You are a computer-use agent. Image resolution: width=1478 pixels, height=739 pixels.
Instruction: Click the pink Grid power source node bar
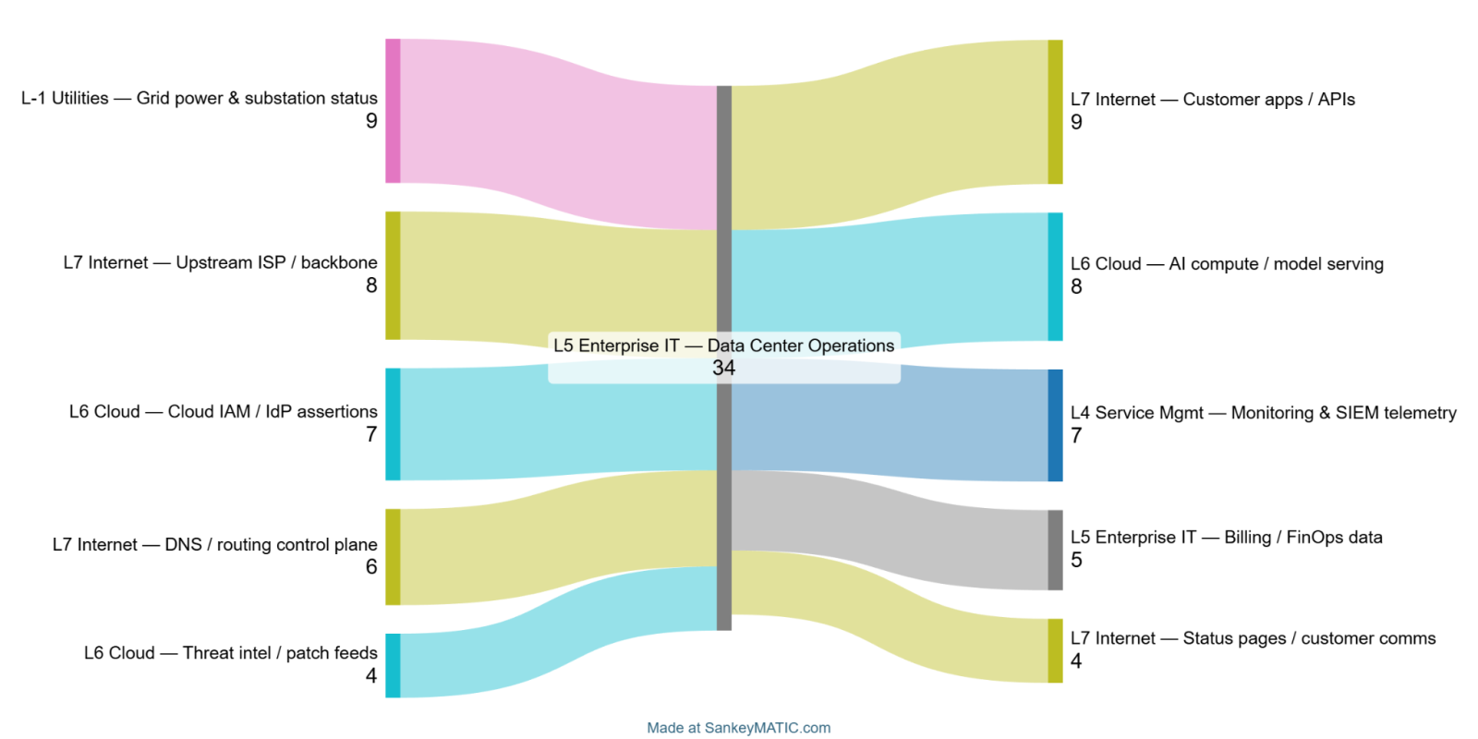[x=393, y=111]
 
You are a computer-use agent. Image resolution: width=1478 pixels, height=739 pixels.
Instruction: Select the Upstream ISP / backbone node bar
[x=393, y=275]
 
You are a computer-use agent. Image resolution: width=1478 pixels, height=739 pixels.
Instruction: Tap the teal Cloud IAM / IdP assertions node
[x=393, y=424]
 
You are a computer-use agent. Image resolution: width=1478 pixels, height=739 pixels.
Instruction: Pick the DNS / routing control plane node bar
[x=393, y=557]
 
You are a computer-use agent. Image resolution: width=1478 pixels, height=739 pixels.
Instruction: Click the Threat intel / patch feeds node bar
[x=393, y=665]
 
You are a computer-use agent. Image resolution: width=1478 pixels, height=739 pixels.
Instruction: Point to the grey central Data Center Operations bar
[x=724, y=231]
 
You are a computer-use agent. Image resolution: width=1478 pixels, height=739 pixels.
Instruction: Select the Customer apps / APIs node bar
[x=1055, y=112]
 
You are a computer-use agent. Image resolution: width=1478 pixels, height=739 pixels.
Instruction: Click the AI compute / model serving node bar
[x=1055, y=276]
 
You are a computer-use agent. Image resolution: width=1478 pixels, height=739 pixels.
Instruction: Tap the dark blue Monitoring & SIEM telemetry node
[x=1055, y=425]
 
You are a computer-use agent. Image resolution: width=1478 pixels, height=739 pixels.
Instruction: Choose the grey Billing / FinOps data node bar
[x=1055, y=550]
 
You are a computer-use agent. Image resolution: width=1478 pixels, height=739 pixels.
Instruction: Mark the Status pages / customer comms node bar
[x=1055, y=650]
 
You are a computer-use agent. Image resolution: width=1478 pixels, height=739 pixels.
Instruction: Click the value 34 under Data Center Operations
[x=723, y=368]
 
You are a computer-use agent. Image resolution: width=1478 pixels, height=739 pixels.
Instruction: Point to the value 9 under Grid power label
[x=371, y=121]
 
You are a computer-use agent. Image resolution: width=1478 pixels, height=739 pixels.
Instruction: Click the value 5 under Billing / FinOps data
[x=1076, y=560]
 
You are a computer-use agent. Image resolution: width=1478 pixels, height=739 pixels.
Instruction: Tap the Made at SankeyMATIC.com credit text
[x=738, y=728]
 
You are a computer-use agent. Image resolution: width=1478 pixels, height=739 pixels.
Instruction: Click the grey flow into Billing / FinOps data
[x=887, y=527]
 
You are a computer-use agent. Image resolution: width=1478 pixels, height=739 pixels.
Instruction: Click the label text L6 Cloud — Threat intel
[x=230, y=653]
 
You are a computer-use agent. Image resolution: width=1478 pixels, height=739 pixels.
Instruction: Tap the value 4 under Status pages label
[x=1076, y=660]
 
